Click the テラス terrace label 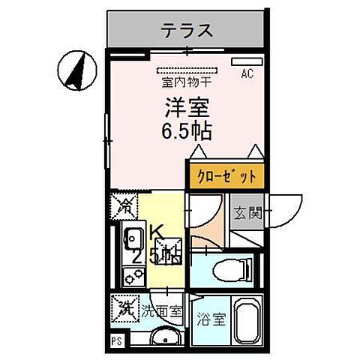point(187,31)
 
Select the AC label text point(246,73)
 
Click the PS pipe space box point(116,341)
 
